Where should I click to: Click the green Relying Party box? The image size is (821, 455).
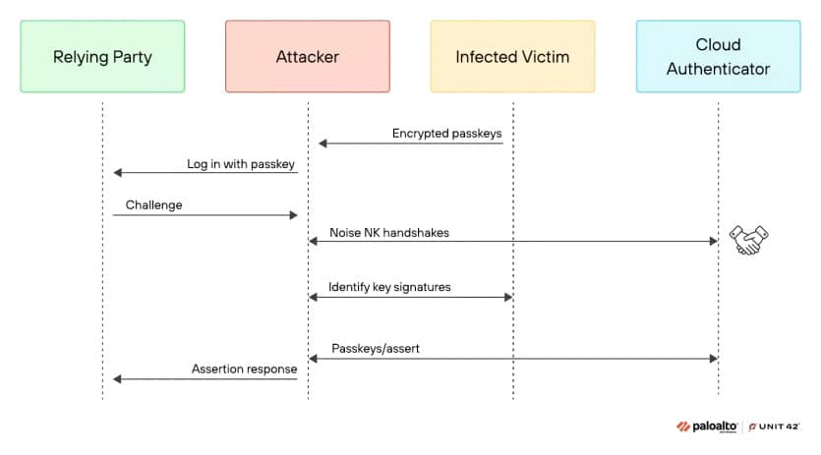(102, 57)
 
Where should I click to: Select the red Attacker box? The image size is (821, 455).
(308, 57)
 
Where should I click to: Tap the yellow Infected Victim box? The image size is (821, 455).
(512, 57)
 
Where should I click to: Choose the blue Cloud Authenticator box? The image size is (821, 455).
(719, 57)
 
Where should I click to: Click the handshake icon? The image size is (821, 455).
(749, 240)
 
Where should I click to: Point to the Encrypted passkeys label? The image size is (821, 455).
(446, 134)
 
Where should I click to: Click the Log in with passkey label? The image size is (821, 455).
(241, 164)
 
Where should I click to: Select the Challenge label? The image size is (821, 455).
(154, 204)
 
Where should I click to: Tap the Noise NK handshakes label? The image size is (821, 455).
(389, 233)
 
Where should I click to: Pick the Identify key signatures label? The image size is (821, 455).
(389, 287)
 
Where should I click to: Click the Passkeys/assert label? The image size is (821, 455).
(376, 348)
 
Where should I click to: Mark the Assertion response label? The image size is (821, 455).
(244, 369)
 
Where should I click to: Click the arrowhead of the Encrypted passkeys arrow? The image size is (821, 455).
(323, 143)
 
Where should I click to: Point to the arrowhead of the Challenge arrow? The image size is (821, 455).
(294, 215)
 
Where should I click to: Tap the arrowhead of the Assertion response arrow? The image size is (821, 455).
(117, 379)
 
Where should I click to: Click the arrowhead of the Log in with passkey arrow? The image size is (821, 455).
(118, 172)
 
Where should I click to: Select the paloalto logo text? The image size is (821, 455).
(714, 427)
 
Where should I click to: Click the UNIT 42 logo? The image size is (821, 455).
(774, 427)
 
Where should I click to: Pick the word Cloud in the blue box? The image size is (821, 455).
(718, 44)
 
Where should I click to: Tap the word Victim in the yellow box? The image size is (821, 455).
(545, 57)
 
